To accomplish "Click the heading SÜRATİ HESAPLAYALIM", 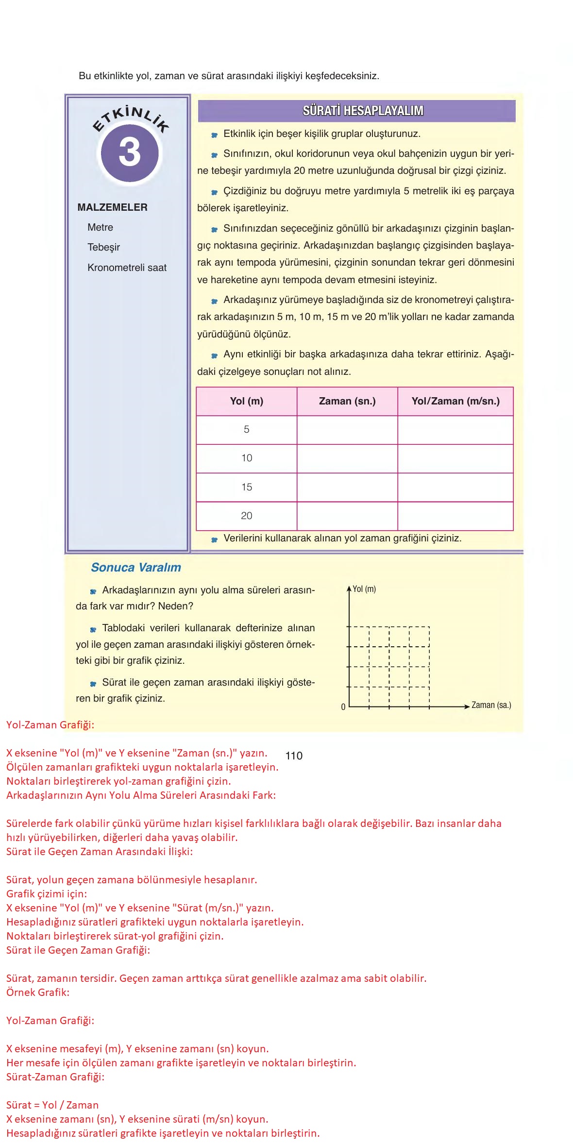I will [x=363, y=111].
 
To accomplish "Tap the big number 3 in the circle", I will [x=130, y=152].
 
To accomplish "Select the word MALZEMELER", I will [x=112, y=207].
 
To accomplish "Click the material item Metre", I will [x=100, y=227].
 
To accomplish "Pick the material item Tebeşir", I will [x=103, y=247].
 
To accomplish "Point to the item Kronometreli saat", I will [x=127, y=268].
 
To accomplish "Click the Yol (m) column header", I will [x=246, y=401].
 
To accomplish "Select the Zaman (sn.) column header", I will [x=347, y=401].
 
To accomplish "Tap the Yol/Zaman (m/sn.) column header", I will [x=455, y=401].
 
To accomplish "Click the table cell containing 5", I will [x=246, y=429].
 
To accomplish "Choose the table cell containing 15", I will [x=246, y=487].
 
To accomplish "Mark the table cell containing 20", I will [x=246, y=516].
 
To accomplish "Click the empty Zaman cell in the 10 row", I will [x=347, y=458].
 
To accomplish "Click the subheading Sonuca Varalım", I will [x=136, y=567].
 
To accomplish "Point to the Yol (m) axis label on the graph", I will [x=364, y=589].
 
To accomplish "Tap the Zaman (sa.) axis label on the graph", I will [x=491, y=705].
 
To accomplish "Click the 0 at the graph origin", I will [x=343, y=707].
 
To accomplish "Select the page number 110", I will [x=294, y=756].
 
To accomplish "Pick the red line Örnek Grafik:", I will [x=38, y=992].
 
